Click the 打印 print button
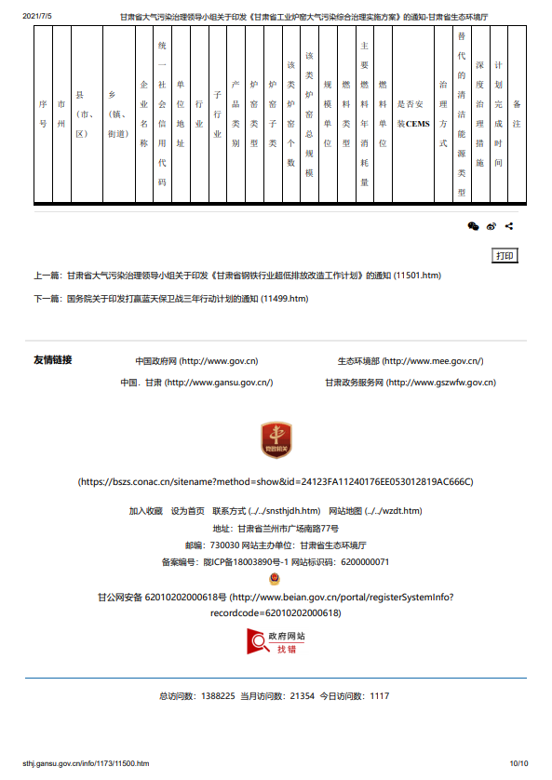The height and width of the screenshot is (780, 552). tap(505, 256)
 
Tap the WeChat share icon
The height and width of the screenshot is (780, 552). tap(473, 226)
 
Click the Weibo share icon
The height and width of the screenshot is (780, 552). tap(491, 226)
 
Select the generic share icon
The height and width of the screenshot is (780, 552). tap(509, 226)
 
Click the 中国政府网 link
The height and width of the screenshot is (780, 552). tap(196, 361)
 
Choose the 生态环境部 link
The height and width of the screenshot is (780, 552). tap(410, 361)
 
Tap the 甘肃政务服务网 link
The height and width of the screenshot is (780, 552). tap(410, 383)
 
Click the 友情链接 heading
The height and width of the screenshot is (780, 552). tap(52, 360)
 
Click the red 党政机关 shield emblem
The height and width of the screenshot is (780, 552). tap(276, 443)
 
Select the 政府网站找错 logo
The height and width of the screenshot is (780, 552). tap(276, 641)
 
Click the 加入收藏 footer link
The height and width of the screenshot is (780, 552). tap(145, 511)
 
